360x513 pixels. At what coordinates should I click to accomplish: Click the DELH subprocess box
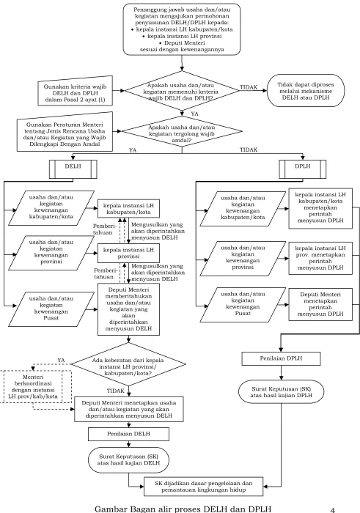73,169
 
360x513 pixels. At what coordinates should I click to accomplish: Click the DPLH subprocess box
303,169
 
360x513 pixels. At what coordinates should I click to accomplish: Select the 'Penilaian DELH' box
128,434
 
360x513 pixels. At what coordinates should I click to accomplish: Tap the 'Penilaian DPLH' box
281,358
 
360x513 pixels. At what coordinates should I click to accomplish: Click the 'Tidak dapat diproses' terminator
306,91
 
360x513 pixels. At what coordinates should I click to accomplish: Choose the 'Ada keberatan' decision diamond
128,364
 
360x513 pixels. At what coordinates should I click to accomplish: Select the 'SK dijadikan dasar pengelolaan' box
204,487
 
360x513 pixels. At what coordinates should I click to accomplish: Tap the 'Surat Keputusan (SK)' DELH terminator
128,460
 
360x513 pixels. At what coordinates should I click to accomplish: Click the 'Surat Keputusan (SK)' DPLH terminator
281,392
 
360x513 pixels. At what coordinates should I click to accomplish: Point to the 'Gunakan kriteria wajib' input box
76,91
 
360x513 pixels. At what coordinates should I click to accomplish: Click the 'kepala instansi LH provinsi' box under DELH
128,253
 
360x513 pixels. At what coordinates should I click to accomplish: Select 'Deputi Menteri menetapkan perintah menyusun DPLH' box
320,304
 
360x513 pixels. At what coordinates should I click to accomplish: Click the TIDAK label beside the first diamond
249,87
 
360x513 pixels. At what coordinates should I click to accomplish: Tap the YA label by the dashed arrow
61,361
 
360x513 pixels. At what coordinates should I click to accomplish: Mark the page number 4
333,510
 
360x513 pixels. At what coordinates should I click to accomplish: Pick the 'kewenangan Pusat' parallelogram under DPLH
243,303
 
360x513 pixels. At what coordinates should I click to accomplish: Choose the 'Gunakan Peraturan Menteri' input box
65,132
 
